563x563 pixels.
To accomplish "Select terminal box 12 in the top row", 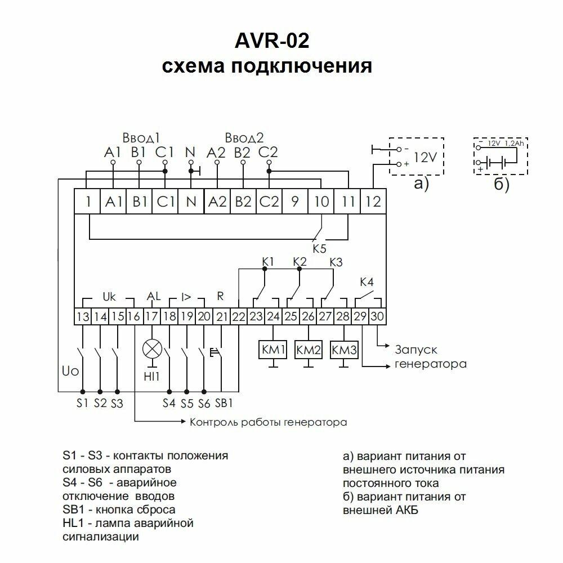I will click(x=372, y=201).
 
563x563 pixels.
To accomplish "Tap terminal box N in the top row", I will click(x=191, y=201).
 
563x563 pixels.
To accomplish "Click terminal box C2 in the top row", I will click(x=269, y=201).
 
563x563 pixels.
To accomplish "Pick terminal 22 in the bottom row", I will click(x=239, y=317).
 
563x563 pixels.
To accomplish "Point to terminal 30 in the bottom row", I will click(x=378, y=317).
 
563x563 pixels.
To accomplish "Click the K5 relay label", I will click(x=319, y=248).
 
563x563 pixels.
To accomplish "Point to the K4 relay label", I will click(x=367, y=282).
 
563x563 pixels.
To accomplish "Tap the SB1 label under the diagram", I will click(x=224, y=403).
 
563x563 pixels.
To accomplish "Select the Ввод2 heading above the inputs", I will click(x=244, y=138).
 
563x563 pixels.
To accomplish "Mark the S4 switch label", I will click(x=169, y=403).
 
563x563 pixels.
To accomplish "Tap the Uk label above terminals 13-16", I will click(x=108, y=295).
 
